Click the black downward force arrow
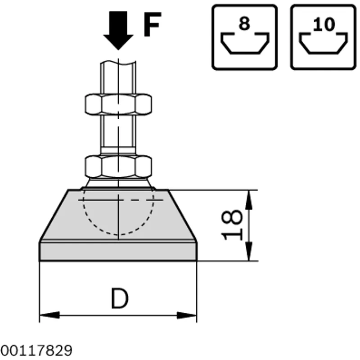click(118, 30)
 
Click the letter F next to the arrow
click(152, 24)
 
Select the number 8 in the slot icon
click(244, 24)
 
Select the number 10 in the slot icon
click(324, 24)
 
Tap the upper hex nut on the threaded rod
click(118, 104)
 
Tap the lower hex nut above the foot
click(118, 166)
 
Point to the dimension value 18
click(231, 225)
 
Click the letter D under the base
click(120, 298)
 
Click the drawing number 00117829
click(36, 351)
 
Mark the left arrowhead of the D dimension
click(49, 315)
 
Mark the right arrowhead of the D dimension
click(187, 315)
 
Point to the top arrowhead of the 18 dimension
click(249, 200)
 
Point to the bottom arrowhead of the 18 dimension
click(249, 251)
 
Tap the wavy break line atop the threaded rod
click(118, 63)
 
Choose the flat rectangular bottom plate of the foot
click(118, 252)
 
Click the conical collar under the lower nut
click(118, 184)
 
